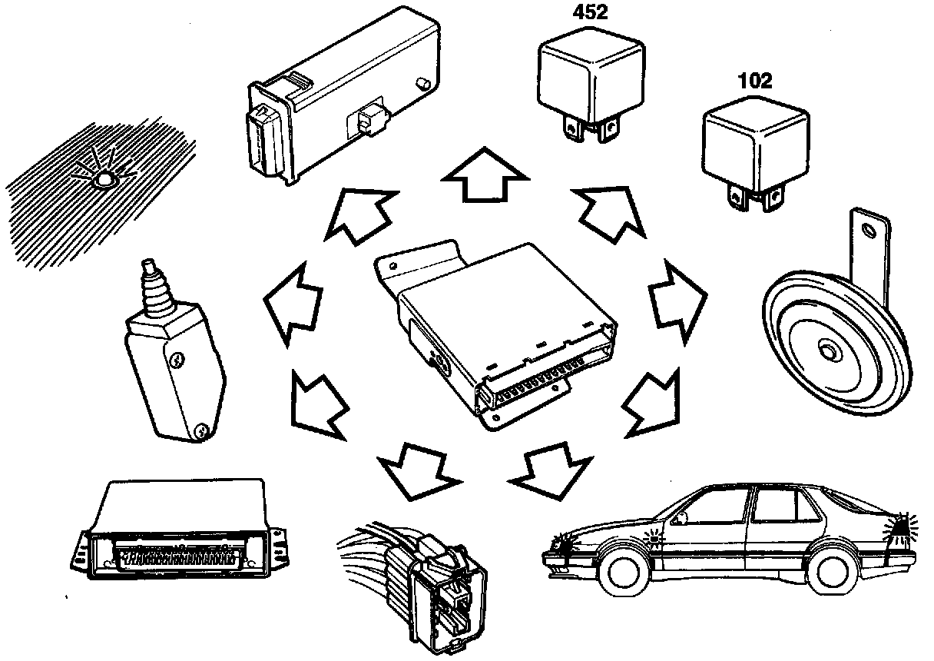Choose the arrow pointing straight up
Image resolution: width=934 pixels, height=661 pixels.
(x=486, y=175)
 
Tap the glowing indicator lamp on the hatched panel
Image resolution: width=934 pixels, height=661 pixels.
(x=102, y=179)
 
